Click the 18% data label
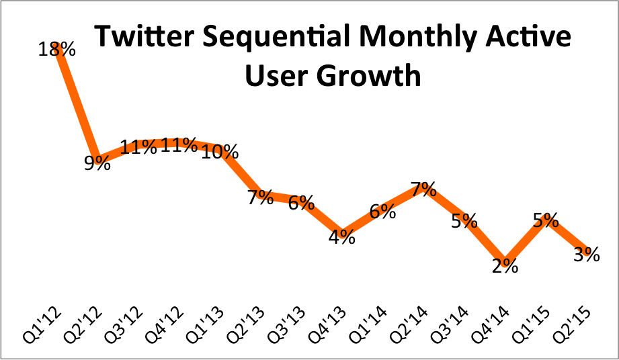click(x=58, y=50)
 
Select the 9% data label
click(x=97, y=163)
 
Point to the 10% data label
click(x=220, y=152)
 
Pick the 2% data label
click(x=504, y=266)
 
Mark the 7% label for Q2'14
click(x=424, y=189)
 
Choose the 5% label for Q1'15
click(x=546, y=220)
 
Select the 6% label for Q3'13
click(x=301, y=203)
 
